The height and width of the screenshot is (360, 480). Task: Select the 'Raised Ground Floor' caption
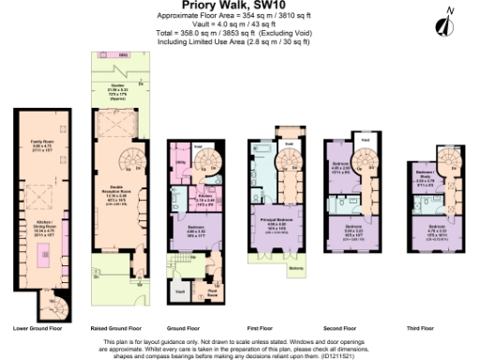pos(116,329)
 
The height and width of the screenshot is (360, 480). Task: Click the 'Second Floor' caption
pos(349,329)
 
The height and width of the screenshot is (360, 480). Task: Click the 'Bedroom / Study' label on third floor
pos(423,174)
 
